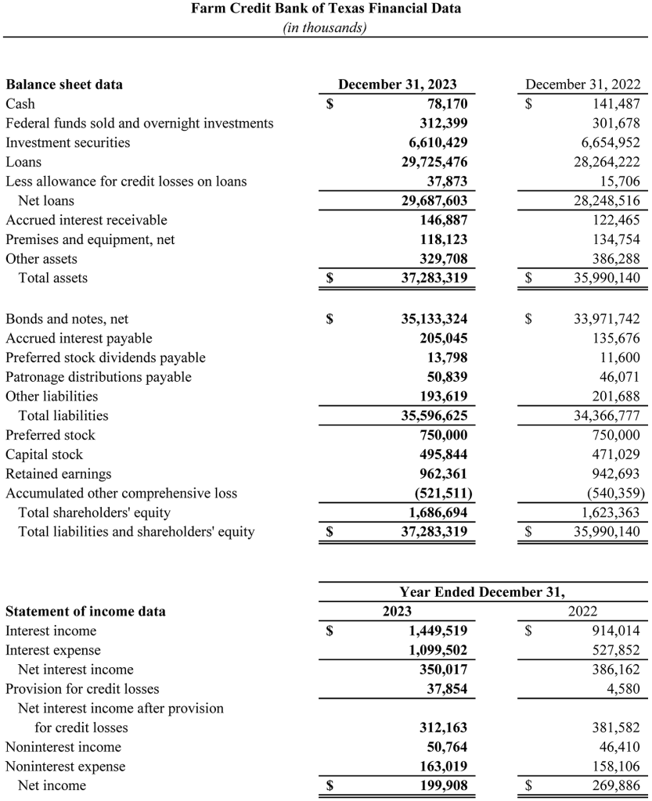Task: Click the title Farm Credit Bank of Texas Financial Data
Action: (x=326, y=9)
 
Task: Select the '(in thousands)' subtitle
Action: (x=326, y=27)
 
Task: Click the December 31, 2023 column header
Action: (x=397, y=84)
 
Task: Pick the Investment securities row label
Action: (x=68, y=142)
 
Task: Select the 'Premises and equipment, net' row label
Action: (x=90, y=239)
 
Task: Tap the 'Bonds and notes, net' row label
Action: (x=67, y=319)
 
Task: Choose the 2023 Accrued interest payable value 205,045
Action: (x=443, y=339)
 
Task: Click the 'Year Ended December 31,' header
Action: (x=482, y=592)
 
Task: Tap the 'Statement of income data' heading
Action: (x=85, y=612)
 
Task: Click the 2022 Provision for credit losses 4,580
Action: (x=623, y=689)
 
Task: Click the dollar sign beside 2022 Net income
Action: (x=528, y=785)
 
